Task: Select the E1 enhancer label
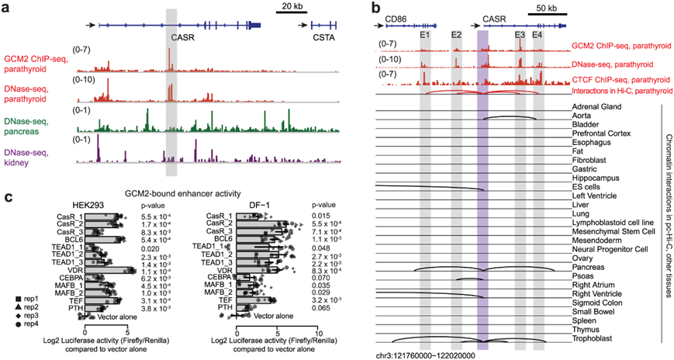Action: tap(424, 36)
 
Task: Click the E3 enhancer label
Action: tap(520, 36)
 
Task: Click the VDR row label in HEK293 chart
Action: tap(74, 271)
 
